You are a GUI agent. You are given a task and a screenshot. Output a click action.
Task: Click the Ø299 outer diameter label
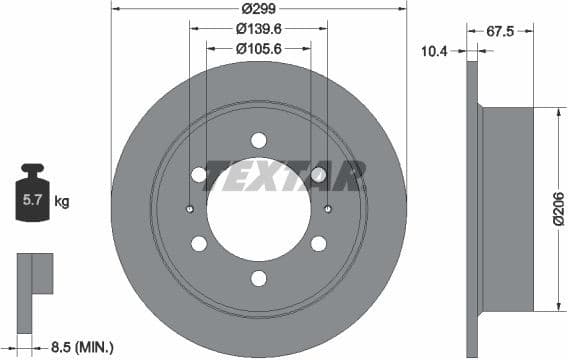tap(259, 11)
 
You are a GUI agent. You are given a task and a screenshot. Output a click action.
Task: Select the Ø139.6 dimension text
tap(259, 30)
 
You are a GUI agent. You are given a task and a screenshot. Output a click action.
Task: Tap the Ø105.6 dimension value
tap(259, 48)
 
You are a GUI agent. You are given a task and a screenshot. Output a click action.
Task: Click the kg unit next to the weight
tap(62, 201)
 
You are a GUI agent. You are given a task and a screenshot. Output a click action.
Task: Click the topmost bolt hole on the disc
tap(259, 140)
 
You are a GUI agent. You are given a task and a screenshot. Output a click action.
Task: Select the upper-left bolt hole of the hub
tap(199, 175)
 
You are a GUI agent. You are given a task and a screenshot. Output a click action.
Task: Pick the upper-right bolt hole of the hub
tap(319, 175)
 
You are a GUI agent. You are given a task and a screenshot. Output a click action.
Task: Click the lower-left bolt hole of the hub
tap(199, 244)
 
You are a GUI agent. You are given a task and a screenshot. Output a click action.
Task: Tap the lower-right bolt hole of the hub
tap(319, 244)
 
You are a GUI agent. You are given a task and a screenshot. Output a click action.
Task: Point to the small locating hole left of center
tap(190, 209)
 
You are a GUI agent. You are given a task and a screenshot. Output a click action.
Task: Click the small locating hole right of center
tap(328, 209)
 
